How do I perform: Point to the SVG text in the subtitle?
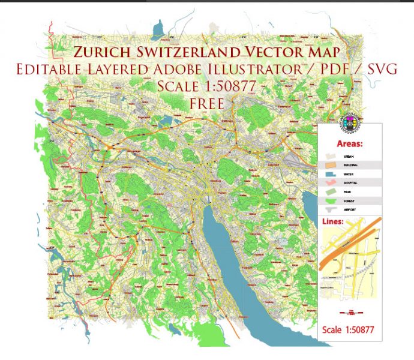(380, 69)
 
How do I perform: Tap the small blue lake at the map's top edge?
(159, 27)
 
